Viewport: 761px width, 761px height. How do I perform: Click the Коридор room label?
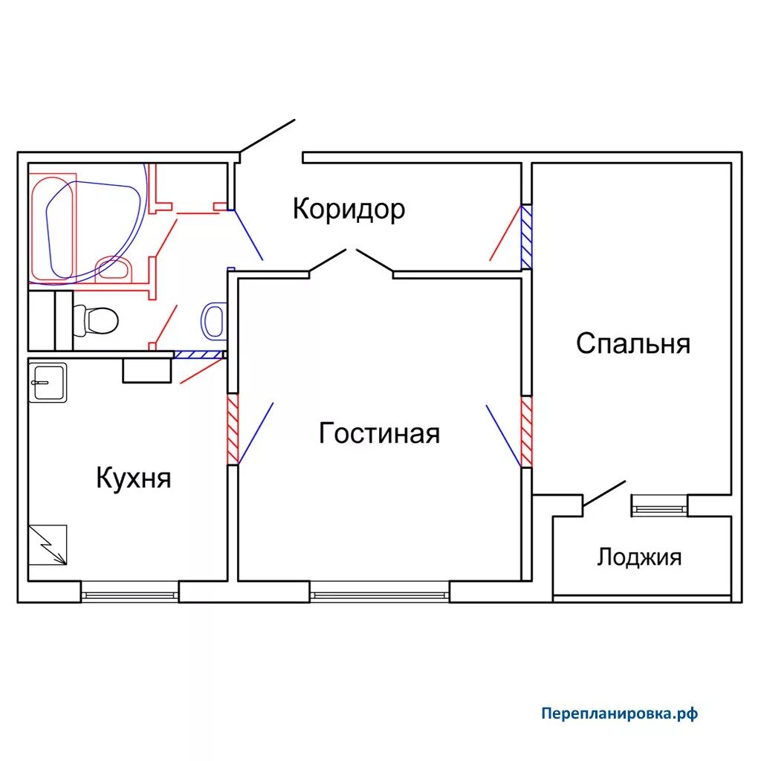[349, 209]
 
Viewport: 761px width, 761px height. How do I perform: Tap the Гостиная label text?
[379, 433]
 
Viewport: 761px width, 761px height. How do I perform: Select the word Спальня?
[633, 343]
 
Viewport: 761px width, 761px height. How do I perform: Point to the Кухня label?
[134, 478]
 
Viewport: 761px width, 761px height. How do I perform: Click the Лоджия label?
[639, 557]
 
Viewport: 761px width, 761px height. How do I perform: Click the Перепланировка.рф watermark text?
[619, 713]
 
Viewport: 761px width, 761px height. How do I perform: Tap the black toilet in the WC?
[95, 320]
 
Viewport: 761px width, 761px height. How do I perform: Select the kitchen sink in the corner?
[48, 383]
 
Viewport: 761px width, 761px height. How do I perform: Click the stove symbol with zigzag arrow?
[48, 545]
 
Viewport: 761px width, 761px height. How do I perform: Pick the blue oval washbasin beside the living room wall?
[213, 320]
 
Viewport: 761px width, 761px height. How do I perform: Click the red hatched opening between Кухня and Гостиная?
[233, 429]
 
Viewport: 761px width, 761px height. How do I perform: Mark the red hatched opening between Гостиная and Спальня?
[527, 432]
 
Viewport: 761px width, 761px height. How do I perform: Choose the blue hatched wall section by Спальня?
[527, 236]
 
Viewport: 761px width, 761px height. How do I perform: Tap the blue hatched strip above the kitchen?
[198, 354]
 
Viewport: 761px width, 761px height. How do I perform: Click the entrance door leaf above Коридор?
[268, 135]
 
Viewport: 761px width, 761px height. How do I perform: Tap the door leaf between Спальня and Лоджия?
[603, 493]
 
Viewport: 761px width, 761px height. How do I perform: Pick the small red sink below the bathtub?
[114, 269]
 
